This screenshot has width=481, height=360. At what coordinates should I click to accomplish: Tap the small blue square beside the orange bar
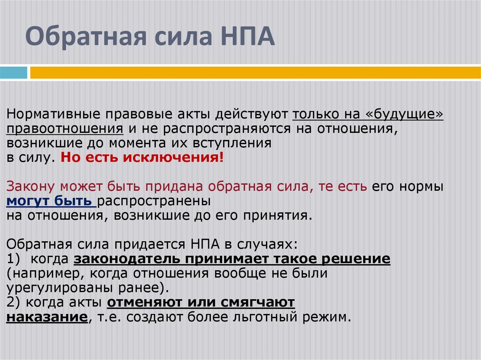13,73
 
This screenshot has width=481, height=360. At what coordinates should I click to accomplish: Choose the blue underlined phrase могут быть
49,201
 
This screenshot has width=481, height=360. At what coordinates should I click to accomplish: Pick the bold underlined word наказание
47,316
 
